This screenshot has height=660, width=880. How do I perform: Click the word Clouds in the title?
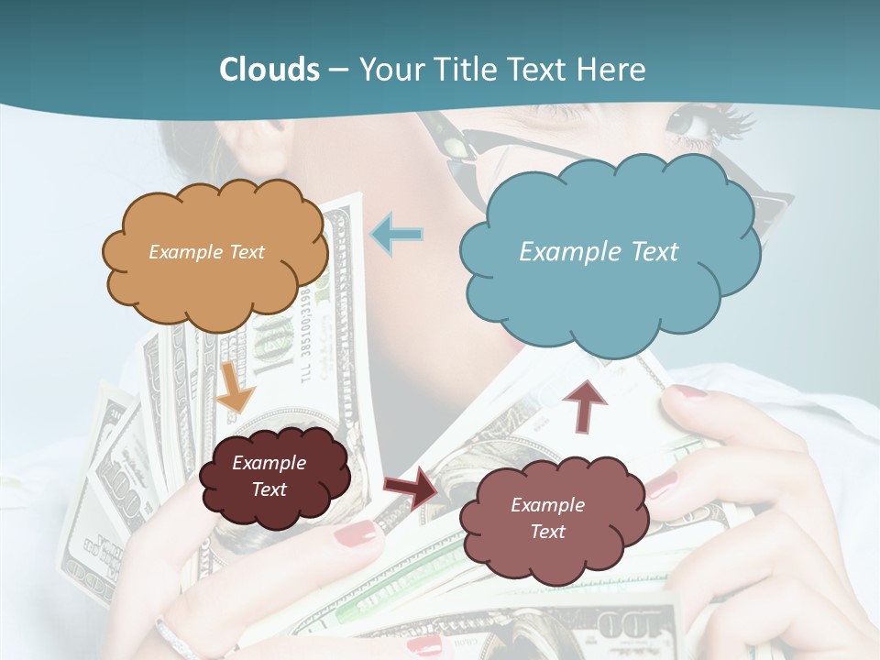pos(269,70)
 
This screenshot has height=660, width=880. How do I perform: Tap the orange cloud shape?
pos(214,253)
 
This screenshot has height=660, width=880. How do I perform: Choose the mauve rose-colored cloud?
pos(552,519)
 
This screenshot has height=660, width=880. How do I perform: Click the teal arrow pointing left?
pos(397,236)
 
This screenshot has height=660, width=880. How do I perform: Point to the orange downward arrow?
pos(235,386)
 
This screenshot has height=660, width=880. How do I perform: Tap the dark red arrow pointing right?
pos(412,487)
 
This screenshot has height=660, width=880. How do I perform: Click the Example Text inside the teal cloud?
pos(599,252)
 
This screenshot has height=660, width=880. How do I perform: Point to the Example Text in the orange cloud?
pos(206,252)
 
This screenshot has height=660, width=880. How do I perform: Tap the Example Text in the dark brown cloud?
pos(269,476)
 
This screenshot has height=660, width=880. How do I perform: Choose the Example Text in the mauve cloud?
pos(547,518)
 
